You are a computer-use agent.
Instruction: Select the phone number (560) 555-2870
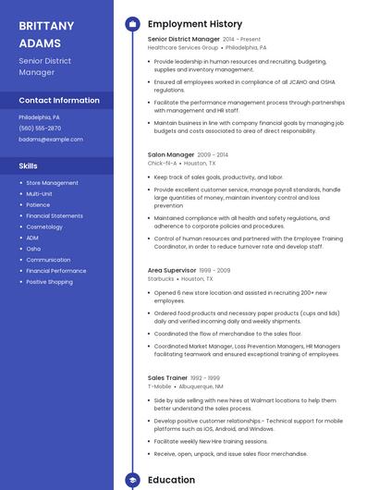[40, 129]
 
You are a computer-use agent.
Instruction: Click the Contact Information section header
[59, 100]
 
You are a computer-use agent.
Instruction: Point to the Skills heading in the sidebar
[29, 165]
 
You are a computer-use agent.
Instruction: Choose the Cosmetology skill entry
[44, 227]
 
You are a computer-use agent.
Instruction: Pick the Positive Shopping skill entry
[49, 282]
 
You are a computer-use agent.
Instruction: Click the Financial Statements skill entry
[55, 215]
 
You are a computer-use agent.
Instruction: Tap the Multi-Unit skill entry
[39, 194]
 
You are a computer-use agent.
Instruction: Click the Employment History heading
[195, 24]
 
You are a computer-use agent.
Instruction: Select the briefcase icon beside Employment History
[132, 24]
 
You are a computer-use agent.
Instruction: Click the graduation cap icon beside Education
[132, 480]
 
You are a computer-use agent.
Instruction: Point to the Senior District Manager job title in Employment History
[184, 40]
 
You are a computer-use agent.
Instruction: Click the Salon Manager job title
[171, 155]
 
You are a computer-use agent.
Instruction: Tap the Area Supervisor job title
[173, 271]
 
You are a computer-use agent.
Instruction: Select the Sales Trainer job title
[167, 377]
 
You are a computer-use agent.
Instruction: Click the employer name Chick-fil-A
[162, 163]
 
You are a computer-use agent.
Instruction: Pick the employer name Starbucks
[161, 278]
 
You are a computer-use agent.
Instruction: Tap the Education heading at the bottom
[171, 480]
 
